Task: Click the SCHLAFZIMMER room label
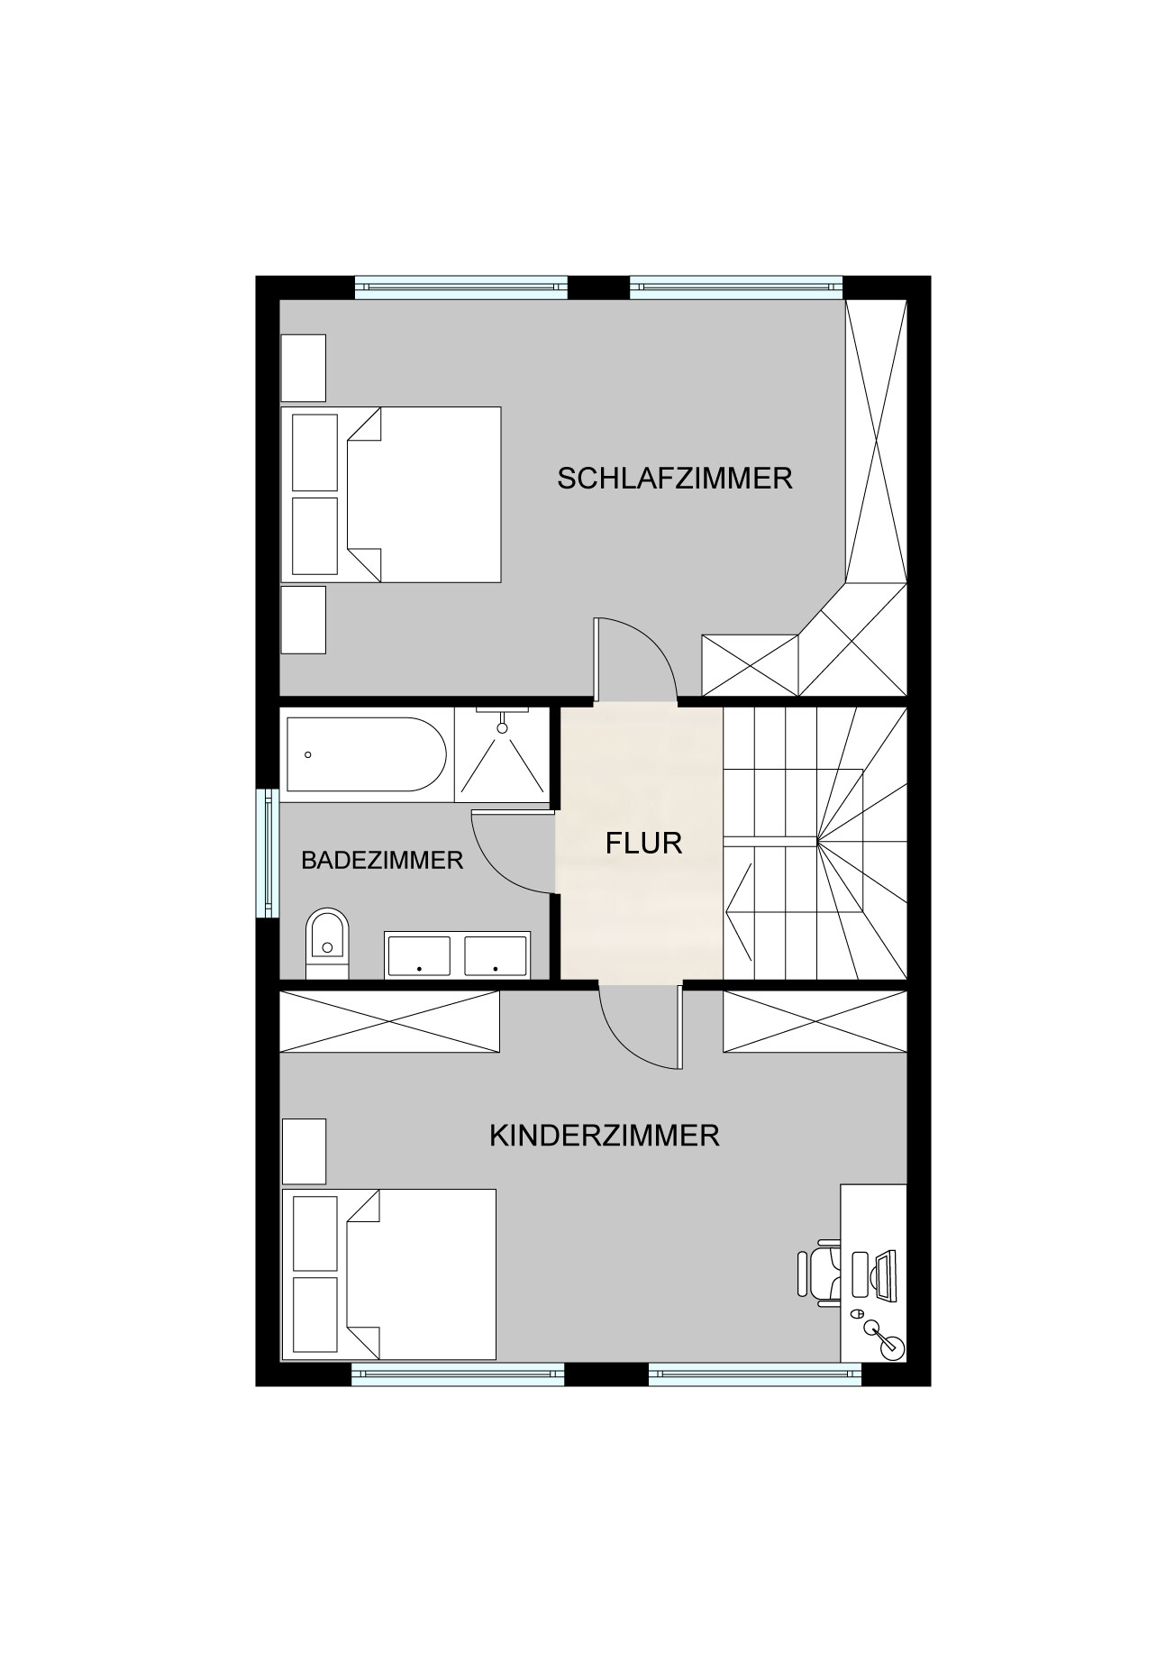tap(674, 478)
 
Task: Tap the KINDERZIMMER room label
tap(604, 1135)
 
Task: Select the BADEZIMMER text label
tap(382, 860)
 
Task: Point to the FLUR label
tap(643, 843)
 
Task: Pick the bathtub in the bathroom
tap(365, 754)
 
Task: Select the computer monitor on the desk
tap(883, 1275)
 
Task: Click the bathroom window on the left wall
tap(268, 853)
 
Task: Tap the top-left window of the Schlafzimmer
tap(460, 287)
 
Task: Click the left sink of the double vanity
tap(419, 956)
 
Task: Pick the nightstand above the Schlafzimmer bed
tap(303, 368)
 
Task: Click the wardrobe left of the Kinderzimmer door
tap(389, 1021)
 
